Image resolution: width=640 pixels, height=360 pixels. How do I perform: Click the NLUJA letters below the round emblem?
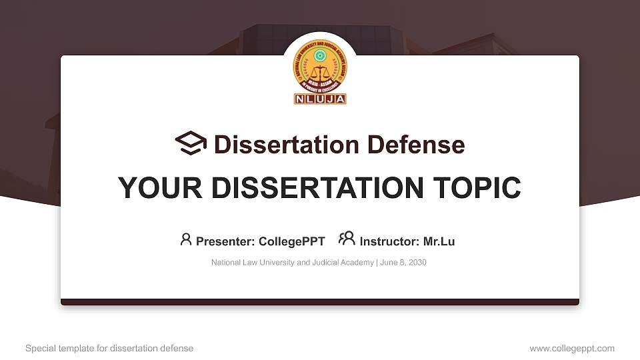click(320, 99)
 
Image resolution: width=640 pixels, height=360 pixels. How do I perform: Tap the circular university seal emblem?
click(320, 69)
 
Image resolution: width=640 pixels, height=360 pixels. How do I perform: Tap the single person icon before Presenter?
click(186, 239)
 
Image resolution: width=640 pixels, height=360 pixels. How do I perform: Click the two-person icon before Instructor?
click(347, 239)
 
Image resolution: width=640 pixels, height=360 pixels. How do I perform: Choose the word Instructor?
click(389, 241)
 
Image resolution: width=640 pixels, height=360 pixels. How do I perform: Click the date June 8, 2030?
click(404, 263)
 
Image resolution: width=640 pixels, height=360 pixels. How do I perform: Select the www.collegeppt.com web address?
click(572, 348)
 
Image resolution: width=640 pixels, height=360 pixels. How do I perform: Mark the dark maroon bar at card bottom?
click(320, 302)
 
